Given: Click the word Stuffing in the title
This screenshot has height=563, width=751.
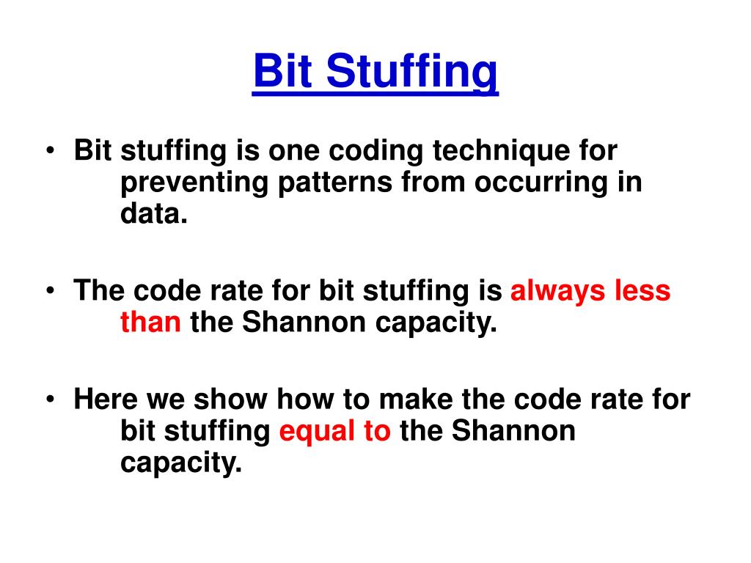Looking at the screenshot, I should click(412, 73).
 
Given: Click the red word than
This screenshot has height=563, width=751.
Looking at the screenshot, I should click(150, 323).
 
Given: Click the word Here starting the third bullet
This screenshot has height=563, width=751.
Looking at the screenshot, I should click(106, 400).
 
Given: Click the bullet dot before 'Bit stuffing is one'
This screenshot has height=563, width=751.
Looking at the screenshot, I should click(50, 152).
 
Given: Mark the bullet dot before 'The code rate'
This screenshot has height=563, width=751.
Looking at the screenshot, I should click(50, 292).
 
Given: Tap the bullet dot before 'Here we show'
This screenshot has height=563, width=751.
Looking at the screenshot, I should click(50, 401).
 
